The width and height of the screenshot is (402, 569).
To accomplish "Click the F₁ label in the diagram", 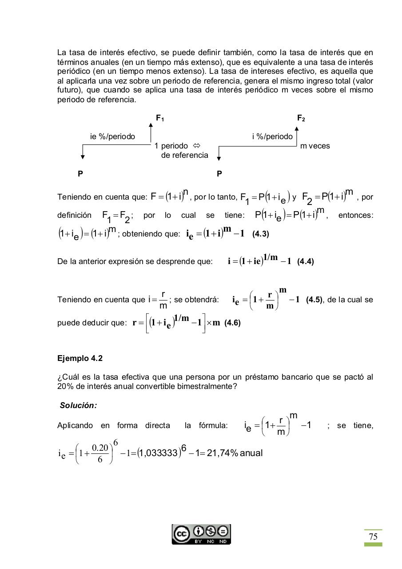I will point(160,118).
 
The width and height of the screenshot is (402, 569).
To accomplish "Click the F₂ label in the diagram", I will point(301,118).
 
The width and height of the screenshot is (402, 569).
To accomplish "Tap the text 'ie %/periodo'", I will point(112,136).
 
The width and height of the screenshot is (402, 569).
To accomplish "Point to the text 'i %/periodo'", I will point(272,136).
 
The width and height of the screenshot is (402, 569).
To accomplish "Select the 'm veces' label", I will point(315,146).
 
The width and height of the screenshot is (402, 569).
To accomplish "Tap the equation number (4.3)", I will point(260,234).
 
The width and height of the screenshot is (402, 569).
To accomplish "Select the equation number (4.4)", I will point(306,261).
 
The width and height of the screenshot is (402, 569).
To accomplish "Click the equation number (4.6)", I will point(232,323).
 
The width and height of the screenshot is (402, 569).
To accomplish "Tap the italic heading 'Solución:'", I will point(79,405).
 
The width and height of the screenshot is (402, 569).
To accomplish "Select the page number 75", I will point(373,537).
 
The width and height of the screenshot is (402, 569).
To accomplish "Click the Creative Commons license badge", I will point(201,534).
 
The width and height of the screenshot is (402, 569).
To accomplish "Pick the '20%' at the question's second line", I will point(65,386).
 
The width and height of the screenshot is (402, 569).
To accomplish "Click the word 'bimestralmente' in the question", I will point(208,386).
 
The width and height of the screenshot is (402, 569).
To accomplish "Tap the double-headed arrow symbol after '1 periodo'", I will point(197,146).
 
